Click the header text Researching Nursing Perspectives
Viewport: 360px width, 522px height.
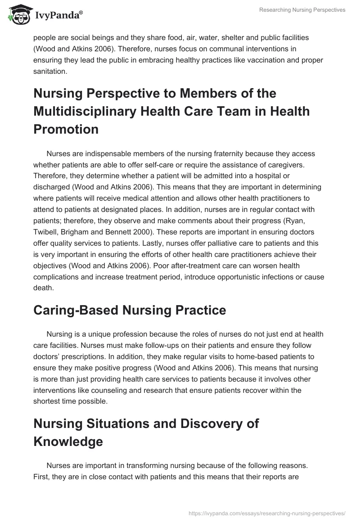(x=302, y=10)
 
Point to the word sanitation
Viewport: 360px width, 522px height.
(x=49, y=71)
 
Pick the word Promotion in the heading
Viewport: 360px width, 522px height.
(x=66, y=129)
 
